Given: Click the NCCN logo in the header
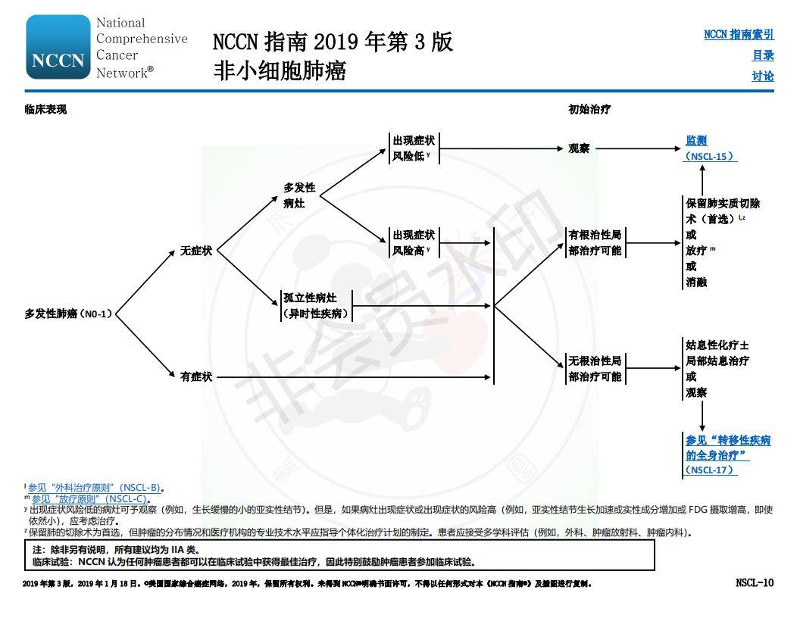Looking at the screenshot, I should click(x=58, y=48).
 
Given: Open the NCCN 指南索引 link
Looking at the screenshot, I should click(x=739, y=35).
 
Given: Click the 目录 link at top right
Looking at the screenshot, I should click(x=763, y=55).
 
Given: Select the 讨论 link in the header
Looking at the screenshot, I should click(x=763, y=76).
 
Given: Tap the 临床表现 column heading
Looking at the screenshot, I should click(x=45, y=109).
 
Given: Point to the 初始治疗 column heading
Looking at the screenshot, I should click(x=589, y=109).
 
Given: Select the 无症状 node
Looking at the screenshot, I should click(x=196, y=251).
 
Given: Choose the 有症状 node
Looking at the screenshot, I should click(x=196, y=376).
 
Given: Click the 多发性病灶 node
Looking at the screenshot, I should click(x=299, y=195).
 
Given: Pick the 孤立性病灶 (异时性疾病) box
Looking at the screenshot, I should click(x=316, y=306).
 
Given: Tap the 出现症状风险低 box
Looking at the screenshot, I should click(x=413, y=148).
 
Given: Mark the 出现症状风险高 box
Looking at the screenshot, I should click(x=413, y=242).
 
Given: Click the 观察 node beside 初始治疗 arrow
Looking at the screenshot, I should click(x=579, y=148).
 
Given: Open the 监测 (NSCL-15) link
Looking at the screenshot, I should click(x=710, y=148).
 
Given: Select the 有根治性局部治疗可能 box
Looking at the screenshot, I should click(x=595, y=242).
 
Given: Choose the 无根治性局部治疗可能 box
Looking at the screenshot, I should click(x=595, y=369).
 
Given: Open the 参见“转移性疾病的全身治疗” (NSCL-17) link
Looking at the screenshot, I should click(x=727, y=454).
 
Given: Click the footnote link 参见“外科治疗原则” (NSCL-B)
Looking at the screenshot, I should click(x=95, y=488).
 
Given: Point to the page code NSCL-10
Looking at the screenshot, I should click(x=755, y=582).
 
